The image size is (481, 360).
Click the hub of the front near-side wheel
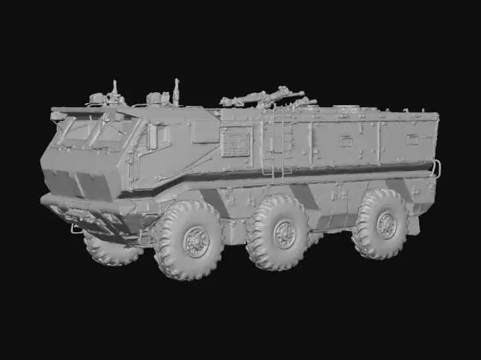click(197, 242)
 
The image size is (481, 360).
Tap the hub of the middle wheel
click(284, 234)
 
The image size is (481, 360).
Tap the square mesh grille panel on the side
click(235, 143)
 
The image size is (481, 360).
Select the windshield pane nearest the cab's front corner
click(113, 134)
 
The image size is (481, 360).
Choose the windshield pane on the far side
click(77, 129)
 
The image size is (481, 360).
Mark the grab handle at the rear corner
click(436, 168)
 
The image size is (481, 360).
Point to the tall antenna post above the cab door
click(176, 91)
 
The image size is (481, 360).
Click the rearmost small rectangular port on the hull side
click(412, 139)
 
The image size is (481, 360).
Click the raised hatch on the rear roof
click(349, 109)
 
